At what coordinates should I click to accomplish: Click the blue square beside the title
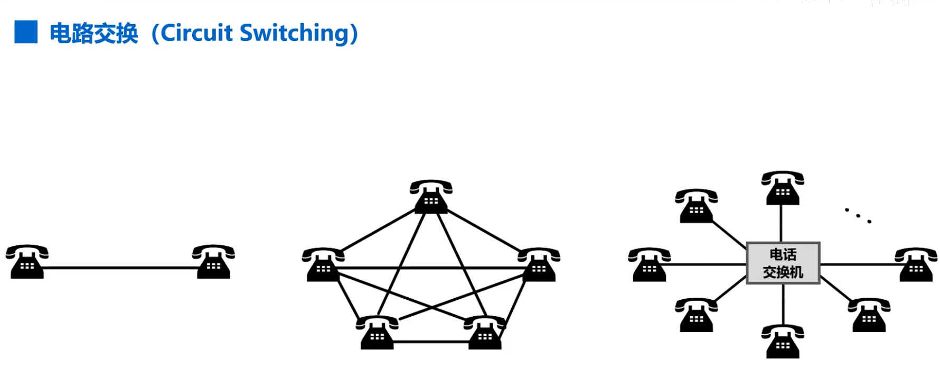pyautogui.click(x=26, y=32)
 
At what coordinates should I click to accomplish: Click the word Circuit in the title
pyautogui.click(x=196, y=33)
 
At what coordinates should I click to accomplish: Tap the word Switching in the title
pyautogui.click(x=294, y=33)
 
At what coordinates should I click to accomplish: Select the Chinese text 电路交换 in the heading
pyautogui.click(x=93, y=33)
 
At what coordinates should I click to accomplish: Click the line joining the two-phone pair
pyautogui.click(x=120, y=268)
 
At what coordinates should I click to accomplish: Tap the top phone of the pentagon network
pyautogui.click(x=431, y=197)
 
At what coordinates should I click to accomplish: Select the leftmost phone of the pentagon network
pyautogui.click(x=323, y=264)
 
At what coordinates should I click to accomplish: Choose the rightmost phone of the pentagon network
pyautogui.click(x=539, y=264)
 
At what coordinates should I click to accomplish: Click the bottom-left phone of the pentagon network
pyautogui.click(x=377, y=333)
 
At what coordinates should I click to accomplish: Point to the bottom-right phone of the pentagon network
pyautogui.click(x=485, y=333)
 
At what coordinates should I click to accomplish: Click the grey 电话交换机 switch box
pyautogui.click(x=783, y=263)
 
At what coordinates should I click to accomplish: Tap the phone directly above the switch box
pyautogui.click(x=783, y=188)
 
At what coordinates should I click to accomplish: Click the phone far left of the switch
pyautogui.click(x=650, y=264)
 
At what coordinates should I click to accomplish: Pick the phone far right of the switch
pyautogui.click(x=916, y=264)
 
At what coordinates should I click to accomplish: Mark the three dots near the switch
pyautogui.click(x=858, y=215)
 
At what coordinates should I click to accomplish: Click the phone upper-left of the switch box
pyautogui.click(x=697, y=206)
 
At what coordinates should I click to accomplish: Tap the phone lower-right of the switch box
pyautogui.click(x=869, y=315)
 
